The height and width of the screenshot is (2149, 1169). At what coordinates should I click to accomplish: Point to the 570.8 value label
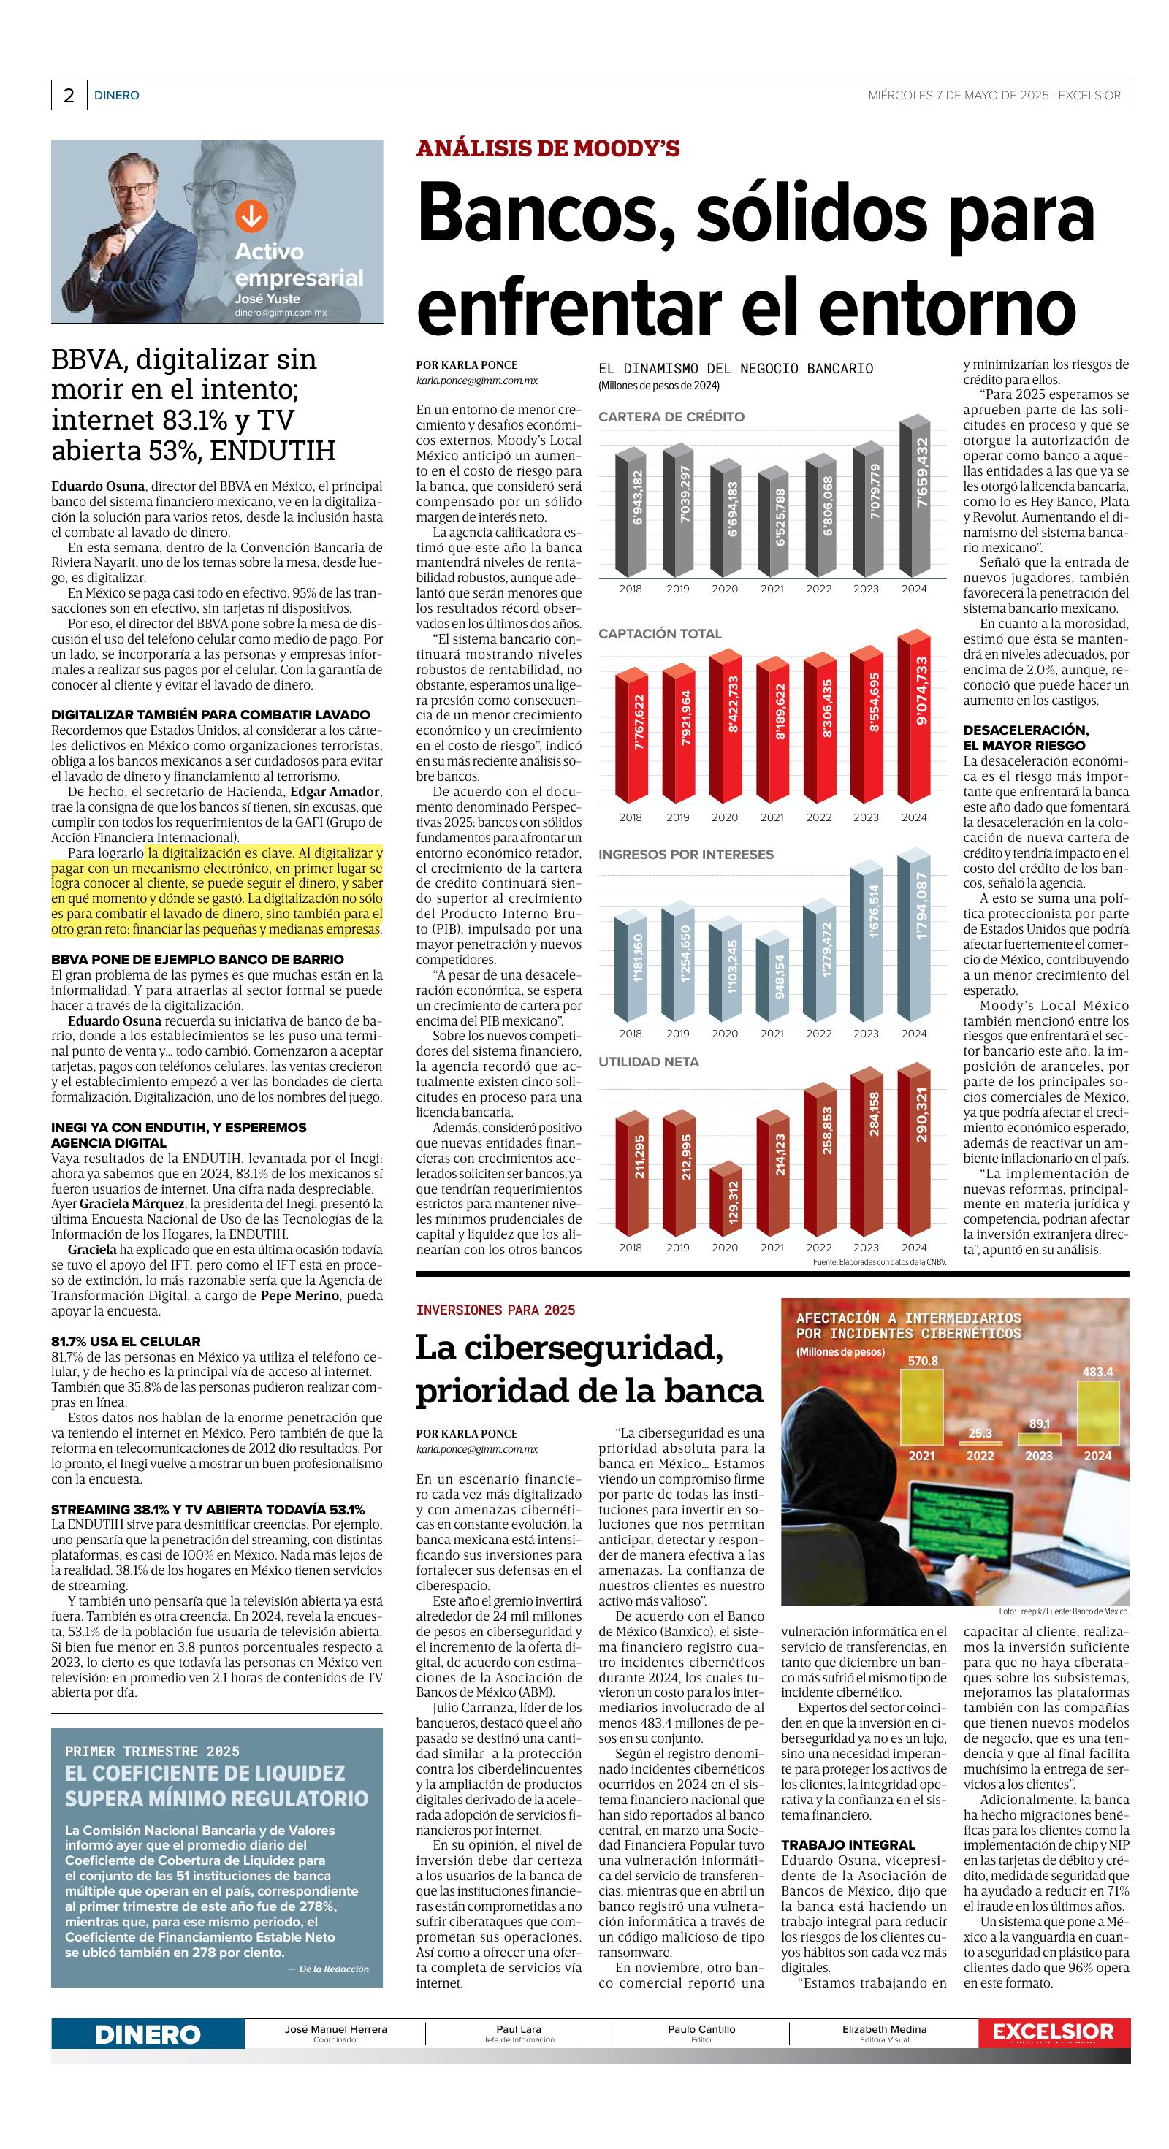[x=922, y=1361]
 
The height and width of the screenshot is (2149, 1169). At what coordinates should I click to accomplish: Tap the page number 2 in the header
[x=69, y=96]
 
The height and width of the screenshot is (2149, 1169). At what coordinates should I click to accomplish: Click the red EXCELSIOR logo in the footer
[x=1053, y=2032]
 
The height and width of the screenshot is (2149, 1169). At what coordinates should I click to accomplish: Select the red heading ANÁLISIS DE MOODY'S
[x=547, y=149]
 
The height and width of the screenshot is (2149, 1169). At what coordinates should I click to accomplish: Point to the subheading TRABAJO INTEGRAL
[x=848, y=1844]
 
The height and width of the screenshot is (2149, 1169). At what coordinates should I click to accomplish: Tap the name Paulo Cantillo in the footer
[x=701, y=2029]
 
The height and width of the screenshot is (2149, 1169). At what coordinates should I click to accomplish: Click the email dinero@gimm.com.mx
[x=281, y=312]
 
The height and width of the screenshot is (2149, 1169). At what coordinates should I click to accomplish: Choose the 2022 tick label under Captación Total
[x=818, y=817]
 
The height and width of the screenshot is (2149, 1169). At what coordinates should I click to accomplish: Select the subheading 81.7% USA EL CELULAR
[x=126, y=1341]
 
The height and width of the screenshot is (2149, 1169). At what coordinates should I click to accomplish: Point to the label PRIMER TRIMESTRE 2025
[x=152, y=1751]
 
